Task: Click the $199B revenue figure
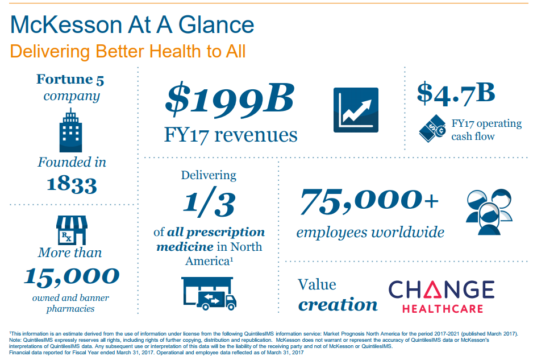[x=230, y=99]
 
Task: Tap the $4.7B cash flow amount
[x=456, y=93]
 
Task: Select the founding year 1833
[x=72, y=184]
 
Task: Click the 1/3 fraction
[x=209, y=201]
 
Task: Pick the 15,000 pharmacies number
[x=72, y=276]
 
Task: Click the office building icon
[x=70, y=130]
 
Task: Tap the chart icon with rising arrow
[x=356, y=110]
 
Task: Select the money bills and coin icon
[x=432, y=129]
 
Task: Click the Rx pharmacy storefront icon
[x=72, y=230]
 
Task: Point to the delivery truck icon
[x=209, y=293]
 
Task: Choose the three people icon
[x=489, y=212]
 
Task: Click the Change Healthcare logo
[x=442, y=296]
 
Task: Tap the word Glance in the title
[x=216, y=25]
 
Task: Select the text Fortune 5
[x=70, y=79]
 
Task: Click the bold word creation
[x=338, y=304]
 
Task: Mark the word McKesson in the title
[x=66, y=25]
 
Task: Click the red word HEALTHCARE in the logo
[x=443, y=309]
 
